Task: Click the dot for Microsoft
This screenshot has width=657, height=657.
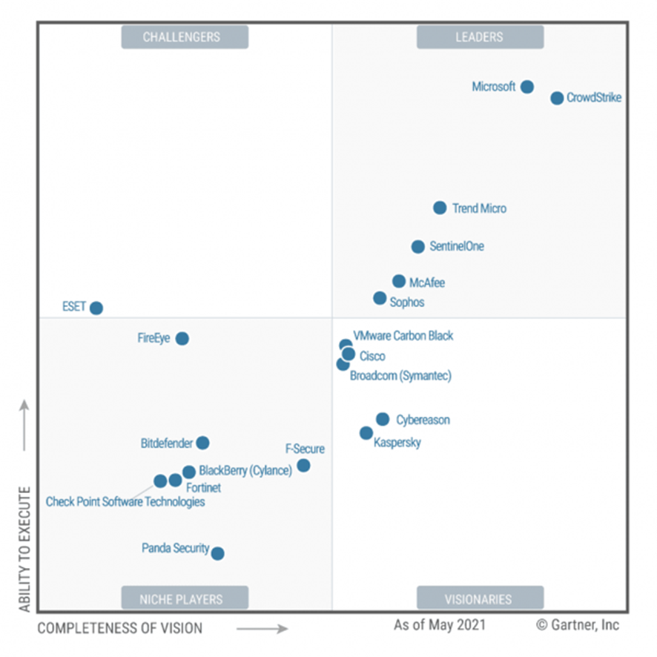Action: click(526, 87)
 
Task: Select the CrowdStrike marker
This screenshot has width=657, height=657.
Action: click(557, 98)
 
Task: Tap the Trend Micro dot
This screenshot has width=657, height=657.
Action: click(440, 208)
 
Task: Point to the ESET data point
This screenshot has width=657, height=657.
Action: click(96, 308)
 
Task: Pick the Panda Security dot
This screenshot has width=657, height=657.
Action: click(217, 553)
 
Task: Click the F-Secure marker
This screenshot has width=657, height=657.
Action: click(303, 466)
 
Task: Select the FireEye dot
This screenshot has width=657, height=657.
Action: click(182, 339)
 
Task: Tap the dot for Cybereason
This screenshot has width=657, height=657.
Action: click(383, 420)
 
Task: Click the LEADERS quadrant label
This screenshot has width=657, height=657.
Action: click(480, 37)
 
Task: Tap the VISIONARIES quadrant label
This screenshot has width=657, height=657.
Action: click(480, 598)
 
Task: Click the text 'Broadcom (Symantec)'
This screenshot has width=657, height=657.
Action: click(400, 376)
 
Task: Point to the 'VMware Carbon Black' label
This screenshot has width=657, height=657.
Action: click(403, 336)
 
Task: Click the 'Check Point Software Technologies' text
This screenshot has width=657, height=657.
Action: click(125, 502)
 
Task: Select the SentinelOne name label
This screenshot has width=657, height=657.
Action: click(457, 246)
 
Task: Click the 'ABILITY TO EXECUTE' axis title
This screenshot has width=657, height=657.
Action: click(24, 549)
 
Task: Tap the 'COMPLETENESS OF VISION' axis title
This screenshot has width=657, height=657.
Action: click(119, 628)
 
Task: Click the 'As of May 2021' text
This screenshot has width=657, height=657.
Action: click(440, 625)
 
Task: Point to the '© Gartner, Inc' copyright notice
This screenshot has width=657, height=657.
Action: click(578, 625)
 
